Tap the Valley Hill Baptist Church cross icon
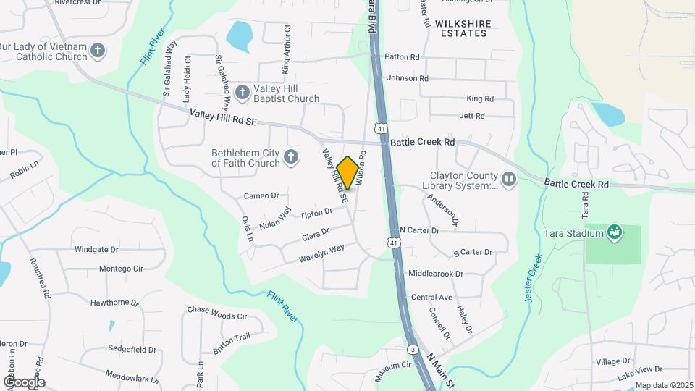click(x=243, y=92)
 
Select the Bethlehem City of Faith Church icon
click(x=291, y=157)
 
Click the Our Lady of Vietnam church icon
click(x=98, y=51)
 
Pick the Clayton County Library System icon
click(x=509, y=179)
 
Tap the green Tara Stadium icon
click(x=615, y=232)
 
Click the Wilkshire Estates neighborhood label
click(x=463, y=28)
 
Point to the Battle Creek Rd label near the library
click(x=422, y=143)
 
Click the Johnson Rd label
click(x=408, y=78)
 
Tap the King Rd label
click(x=479, y=98)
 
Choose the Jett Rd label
click(x=471, y=116)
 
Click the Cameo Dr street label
click(x=261, y=195)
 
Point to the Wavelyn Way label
click(x=323, y=250)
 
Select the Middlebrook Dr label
click(x=435, y=274)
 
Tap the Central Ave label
click(x=431, y=298)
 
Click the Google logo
click(x=23, y=382)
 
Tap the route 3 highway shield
click(x=412, y=349)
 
